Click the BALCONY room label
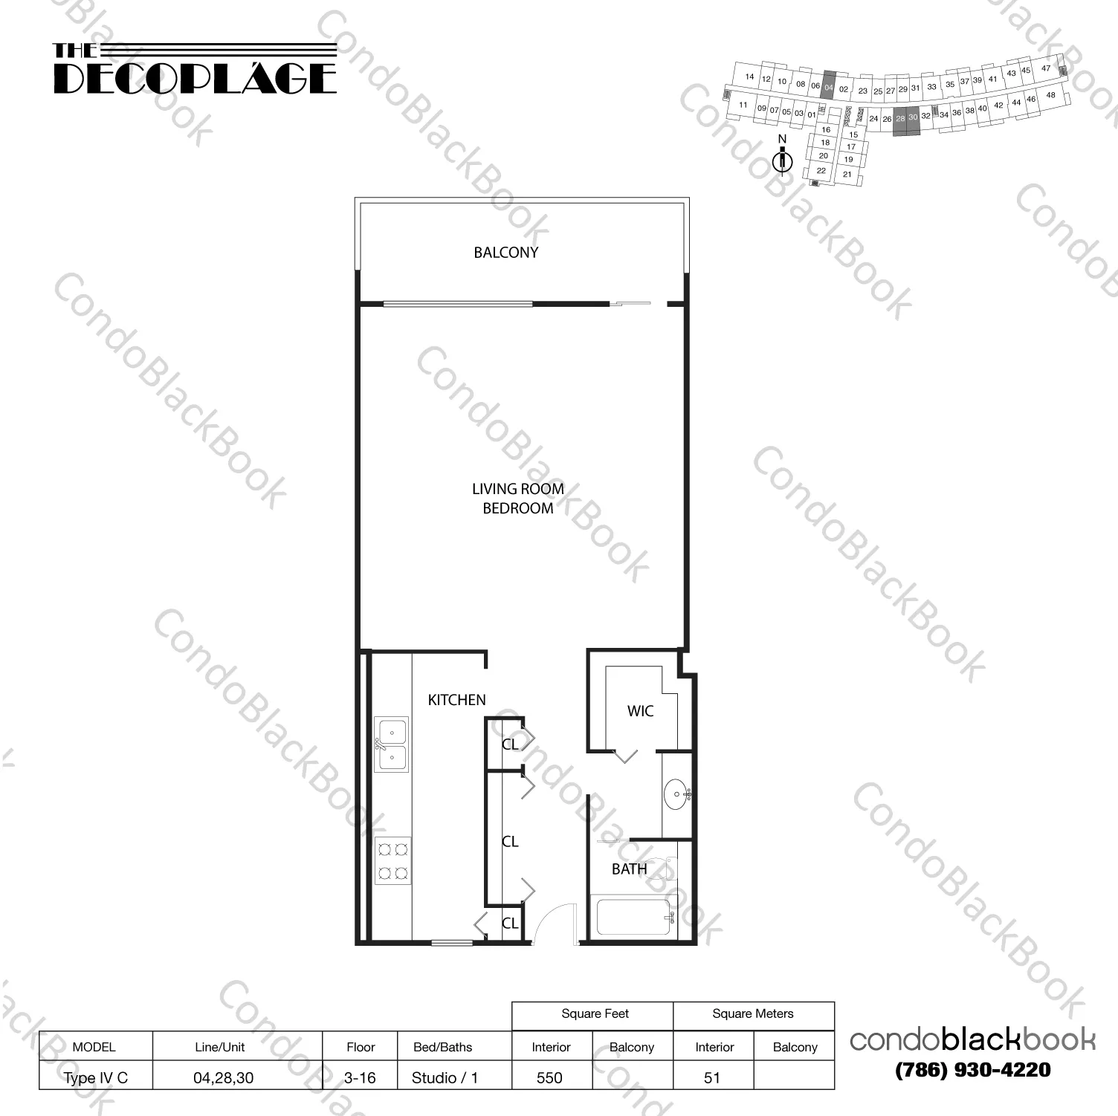point(505,253)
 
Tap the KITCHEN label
point(456,700)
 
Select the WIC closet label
point(640,711)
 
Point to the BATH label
point(629,869)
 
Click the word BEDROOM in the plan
point(518,509)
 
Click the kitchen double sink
point(391,744)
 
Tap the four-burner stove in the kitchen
point(392,860)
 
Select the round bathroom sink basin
point(676,794)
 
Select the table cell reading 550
point(550,1077)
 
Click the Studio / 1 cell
point(445,1077)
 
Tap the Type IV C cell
point(95,1077)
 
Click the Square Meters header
point(752,1014)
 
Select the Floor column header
point(361,1047)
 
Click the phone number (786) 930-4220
point(972,1071)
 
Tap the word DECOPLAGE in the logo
point(195,79)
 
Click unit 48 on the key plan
point(1050,95)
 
